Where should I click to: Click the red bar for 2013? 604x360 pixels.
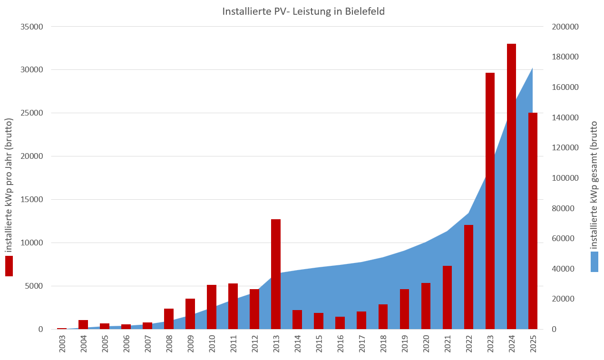276,274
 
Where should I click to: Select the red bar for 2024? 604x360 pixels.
511,186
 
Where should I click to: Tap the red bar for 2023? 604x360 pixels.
490,201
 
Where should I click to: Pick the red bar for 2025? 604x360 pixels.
533,221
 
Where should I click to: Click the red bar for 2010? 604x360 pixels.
212,307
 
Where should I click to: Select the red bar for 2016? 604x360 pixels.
340,323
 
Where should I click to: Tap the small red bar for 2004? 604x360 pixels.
83,324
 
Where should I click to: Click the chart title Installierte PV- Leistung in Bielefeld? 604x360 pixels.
303,11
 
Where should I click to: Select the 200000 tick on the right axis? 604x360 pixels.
565,27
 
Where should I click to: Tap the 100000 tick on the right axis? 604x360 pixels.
565,178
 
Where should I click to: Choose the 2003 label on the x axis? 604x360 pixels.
62,344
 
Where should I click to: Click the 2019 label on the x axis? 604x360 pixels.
405,344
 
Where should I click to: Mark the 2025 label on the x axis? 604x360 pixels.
533,344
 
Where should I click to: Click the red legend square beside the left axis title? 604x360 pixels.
9,266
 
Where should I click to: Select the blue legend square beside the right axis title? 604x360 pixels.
594,262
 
